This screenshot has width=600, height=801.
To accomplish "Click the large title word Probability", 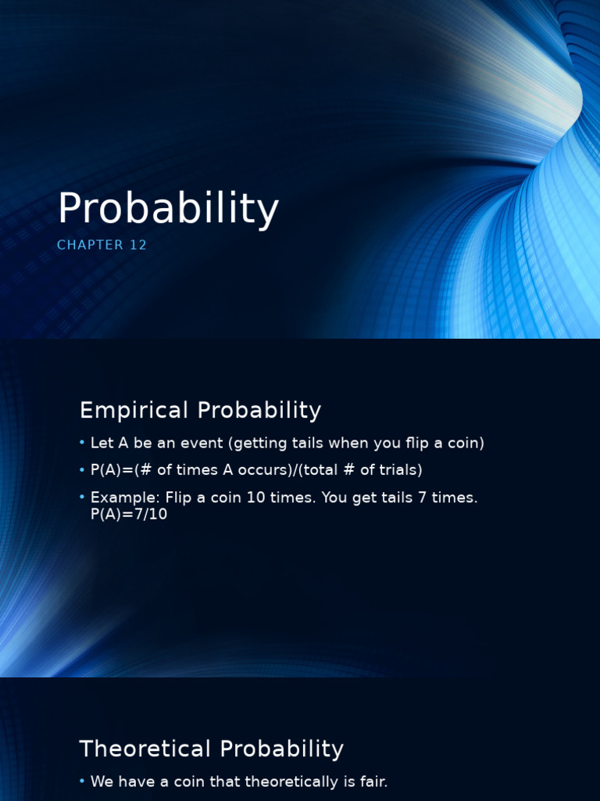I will pyautogui.click(x=168, y=210).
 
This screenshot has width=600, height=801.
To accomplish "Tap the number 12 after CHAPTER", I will pyautogui.click(x=138, y=245).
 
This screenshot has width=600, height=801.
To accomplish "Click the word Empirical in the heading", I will pyautogui.click(x=134, y=410).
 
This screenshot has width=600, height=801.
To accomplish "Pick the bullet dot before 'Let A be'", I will pyautogui.click(x=82, y=444).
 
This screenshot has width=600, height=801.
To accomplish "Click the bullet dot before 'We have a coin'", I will pyautogui.click(x=82, y=781).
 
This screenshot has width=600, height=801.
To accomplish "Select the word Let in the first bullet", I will pyautogui.click(x=102, y=444).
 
